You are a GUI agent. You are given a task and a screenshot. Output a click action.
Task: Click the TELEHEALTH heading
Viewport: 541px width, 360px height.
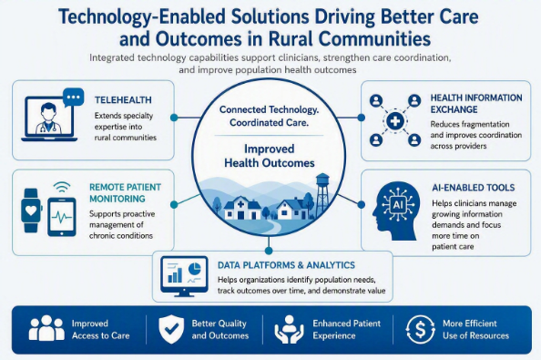[x=123, y=100]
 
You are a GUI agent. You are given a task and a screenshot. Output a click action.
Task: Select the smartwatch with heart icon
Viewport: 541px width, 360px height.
[x=31, y=211]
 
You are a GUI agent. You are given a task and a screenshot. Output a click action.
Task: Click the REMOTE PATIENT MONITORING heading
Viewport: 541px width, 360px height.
[x=126, y=193]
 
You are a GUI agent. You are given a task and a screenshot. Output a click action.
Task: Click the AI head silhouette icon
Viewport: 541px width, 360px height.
[x=396, y=211]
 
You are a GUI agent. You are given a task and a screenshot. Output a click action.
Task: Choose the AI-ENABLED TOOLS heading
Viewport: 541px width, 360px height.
[x=473, y=188]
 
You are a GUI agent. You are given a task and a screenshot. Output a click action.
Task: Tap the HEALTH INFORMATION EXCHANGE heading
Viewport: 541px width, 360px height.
[x=476, y=104]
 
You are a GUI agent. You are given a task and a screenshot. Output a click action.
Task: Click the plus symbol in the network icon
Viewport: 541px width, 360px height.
[x=395, y=121]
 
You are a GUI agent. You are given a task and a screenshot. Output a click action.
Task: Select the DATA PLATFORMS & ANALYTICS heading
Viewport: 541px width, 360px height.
[x=286, y=265]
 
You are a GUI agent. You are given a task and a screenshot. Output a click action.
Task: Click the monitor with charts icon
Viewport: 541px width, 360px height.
[x=184, y=276]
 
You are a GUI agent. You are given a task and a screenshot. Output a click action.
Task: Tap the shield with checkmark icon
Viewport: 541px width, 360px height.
[x=171, y=329]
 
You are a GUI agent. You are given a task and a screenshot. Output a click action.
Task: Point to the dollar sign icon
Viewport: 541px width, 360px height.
[x=420, y=329]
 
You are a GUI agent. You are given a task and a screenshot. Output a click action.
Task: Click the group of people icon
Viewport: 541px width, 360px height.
[x=46, y=328]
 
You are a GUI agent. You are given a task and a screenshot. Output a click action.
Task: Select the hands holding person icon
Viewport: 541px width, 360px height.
[x=289, y=329]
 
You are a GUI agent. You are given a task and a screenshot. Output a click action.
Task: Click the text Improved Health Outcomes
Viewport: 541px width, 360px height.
[x=269, y=156]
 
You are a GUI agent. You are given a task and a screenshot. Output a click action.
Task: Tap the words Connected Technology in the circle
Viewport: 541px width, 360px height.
[x=269, y=109]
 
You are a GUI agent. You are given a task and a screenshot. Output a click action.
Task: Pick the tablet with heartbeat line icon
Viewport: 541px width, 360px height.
[x=62, y=217]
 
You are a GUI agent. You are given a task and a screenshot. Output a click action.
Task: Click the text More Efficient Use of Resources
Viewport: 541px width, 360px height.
[x=475, y=329]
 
